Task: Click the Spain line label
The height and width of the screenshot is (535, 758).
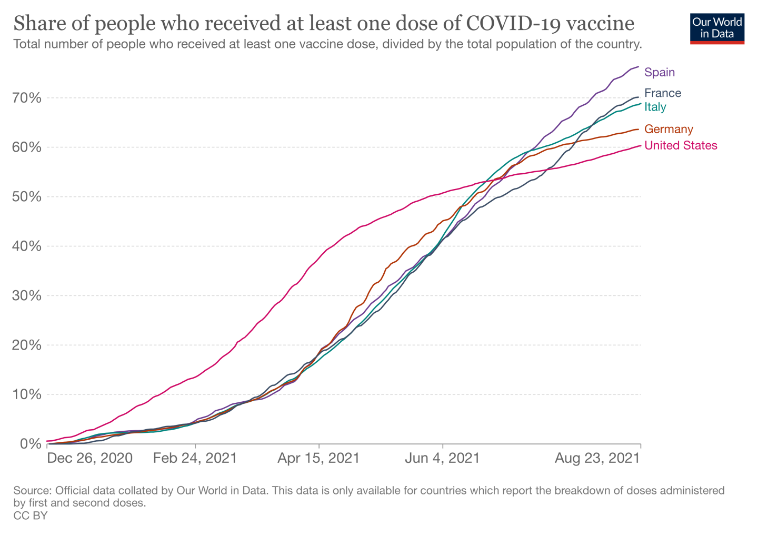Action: [660, 72]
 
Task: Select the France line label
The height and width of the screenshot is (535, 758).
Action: [663, 93]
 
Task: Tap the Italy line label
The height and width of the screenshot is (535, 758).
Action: [655, 107]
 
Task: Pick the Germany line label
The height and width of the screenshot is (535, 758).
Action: [669, 129]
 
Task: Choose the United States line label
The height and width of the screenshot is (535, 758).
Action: [681, 145]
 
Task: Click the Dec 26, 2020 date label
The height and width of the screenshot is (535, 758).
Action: [89, 458]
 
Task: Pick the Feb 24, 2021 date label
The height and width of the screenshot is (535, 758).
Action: [195, 458]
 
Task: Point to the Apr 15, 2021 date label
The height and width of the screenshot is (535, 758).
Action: [318, 458]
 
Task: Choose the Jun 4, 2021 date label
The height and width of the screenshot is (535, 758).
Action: [442, 458]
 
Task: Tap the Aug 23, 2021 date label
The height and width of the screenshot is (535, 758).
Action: [597, 458]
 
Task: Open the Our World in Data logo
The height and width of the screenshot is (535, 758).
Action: [717, 27]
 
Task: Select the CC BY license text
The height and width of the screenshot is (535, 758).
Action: [31, 516]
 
